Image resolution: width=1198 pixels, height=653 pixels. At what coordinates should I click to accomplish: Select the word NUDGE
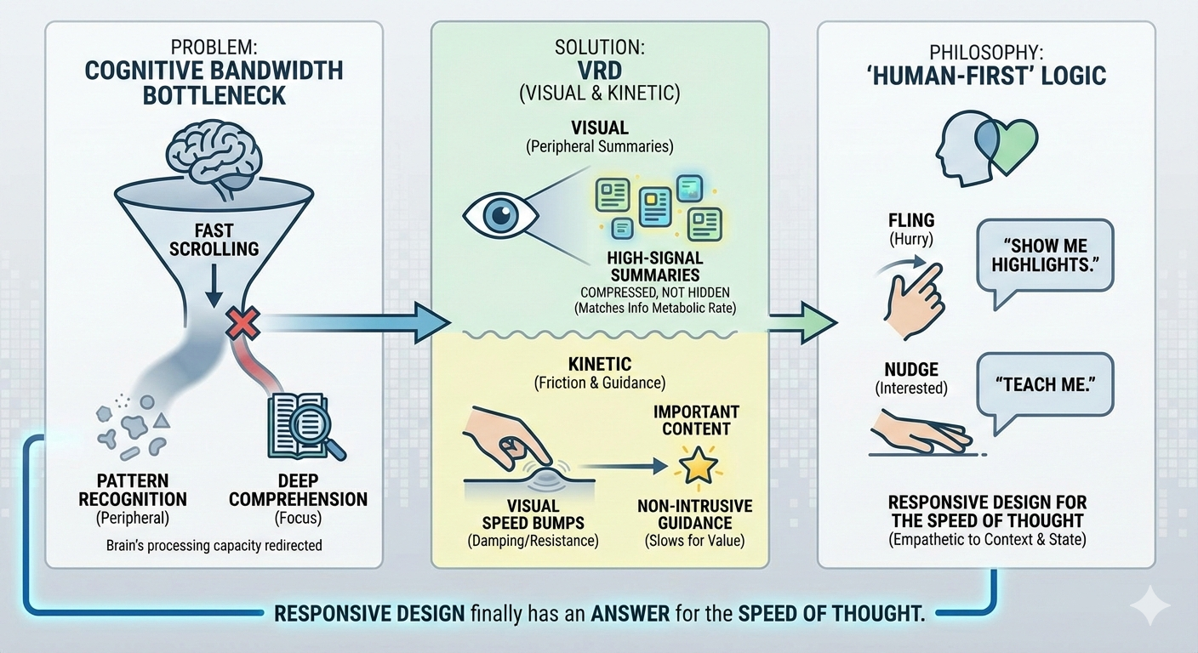tap(910, 369)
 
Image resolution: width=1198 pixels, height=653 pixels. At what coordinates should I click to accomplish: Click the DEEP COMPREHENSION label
tap(298, 489)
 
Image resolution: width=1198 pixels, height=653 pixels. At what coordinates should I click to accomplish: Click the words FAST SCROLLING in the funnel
tap(214, 239)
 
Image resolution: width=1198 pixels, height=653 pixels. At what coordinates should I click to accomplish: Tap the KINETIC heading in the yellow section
tap(601, 364)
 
